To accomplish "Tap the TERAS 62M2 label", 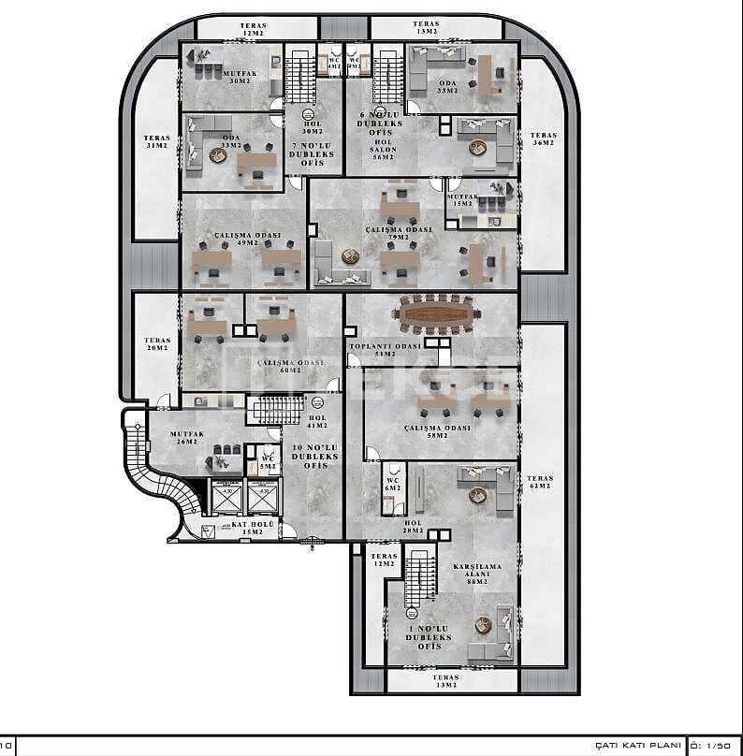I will (540, 482).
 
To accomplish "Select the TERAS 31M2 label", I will (156, 141).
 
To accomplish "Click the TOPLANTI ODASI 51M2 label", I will (386, 350).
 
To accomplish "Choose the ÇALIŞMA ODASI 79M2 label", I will (399, 233).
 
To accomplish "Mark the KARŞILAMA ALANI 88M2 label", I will (477, 574).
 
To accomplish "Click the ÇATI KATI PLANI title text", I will (637, 745).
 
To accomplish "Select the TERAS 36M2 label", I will (543, 138).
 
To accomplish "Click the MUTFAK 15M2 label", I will (462, 200).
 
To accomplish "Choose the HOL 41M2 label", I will (316, 422).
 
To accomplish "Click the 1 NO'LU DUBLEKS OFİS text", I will (429, 636).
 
